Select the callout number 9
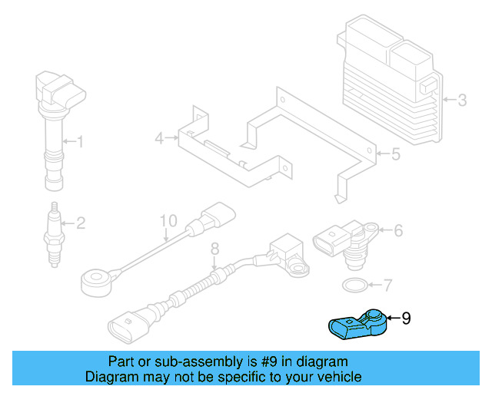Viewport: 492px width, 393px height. click(407, 317)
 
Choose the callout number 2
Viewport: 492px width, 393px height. click(80, 224)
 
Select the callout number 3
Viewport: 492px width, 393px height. click(461, 100)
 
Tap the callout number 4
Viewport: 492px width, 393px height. click(159, 139)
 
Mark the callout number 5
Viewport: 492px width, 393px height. click(395, 155)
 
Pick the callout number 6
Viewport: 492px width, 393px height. click(398, 230)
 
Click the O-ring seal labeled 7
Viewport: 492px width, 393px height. click(352, 286)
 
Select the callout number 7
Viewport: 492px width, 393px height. click(387, 286)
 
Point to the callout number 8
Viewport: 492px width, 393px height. click(215, 248)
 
